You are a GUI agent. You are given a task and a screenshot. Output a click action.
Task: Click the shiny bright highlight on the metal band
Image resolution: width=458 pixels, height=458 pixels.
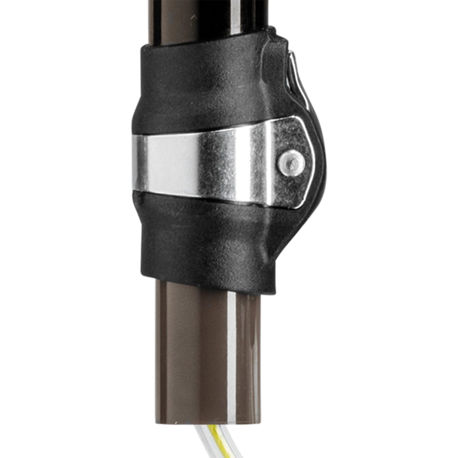tap(160, 160)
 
